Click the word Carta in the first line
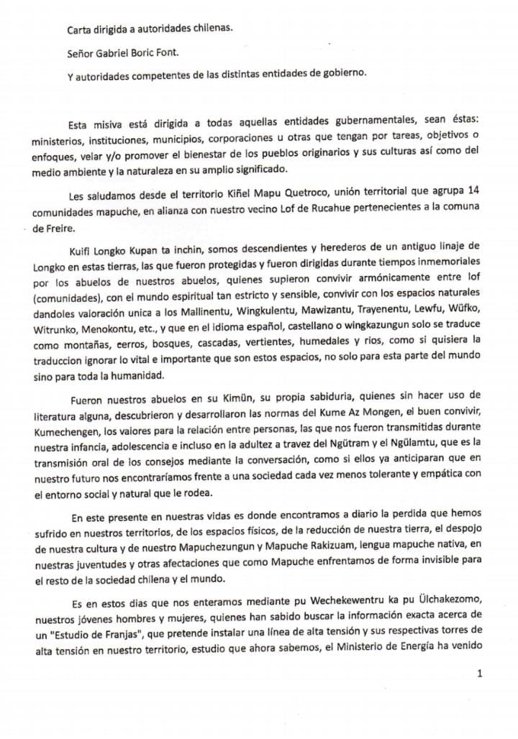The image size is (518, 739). (79, 32)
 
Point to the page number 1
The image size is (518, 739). (478, 674)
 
